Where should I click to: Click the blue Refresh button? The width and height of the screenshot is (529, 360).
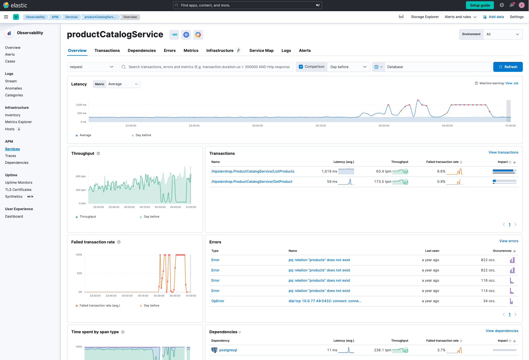coord(508,67)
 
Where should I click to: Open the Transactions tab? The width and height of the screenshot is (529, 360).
coord(107,51)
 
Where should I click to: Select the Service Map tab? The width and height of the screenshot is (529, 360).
coord(261,51)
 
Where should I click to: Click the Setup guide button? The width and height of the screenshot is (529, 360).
coord(480,5)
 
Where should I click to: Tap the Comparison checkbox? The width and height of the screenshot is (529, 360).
coord(301,67)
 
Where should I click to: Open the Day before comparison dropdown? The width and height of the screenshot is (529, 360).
coord(348,67)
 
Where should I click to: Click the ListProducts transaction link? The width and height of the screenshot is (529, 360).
coord(253,171)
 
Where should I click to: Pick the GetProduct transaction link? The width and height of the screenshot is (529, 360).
coord(252,182)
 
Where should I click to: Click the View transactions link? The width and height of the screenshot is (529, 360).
coord(503,152)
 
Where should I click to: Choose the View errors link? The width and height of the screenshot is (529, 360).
coord(508,241)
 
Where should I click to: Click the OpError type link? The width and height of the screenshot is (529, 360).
coord(218,301)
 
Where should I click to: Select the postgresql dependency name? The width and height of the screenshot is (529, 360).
coord(228,350)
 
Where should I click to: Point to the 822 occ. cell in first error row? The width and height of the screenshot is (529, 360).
coord(488,260)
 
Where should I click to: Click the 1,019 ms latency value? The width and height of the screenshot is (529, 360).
coord(329,171)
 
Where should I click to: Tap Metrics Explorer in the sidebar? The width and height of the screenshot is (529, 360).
coord(18,122)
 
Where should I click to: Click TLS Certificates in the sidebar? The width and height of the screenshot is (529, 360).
coord(18,190)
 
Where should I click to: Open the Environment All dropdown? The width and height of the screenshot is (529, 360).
coord(503,34)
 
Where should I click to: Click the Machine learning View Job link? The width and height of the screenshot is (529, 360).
coord(512,83)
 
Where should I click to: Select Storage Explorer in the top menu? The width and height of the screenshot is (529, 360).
coord(425,17)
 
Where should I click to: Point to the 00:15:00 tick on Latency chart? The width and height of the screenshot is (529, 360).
coord(321,126)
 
